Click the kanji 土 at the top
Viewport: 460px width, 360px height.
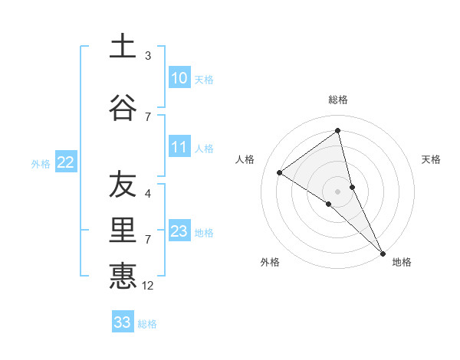click(123, 46)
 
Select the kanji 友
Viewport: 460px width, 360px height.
click(123, 185)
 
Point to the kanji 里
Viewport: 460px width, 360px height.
click(123, 231)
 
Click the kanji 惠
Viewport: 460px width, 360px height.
click(123, 276)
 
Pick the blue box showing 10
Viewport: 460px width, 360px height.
click(179, 78)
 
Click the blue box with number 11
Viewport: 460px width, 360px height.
click(179, 147)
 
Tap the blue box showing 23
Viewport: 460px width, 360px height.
click(179, 231)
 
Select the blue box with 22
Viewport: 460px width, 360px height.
click(66, 162)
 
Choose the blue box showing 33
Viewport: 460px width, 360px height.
click(122, 322)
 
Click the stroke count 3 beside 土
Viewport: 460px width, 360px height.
click(148, 56)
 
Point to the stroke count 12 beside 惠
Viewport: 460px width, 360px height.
click(149, 286)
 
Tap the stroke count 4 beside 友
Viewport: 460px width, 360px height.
click(148, 194)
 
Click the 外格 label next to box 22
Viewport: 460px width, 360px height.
click(41, 163)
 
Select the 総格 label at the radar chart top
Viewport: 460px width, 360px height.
click(338, 100)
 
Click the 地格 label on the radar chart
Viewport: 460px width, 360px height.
click(402, 262)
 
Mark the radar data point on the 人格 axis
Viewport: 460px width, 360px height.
click(279, 172)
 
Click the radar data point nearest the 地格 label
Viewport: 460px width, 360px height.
click(383, 253)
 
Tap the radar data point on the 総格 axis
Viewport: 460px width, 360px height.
click(338, 130)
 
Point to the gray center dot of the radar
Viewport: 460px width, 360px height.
click(338, 190)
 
